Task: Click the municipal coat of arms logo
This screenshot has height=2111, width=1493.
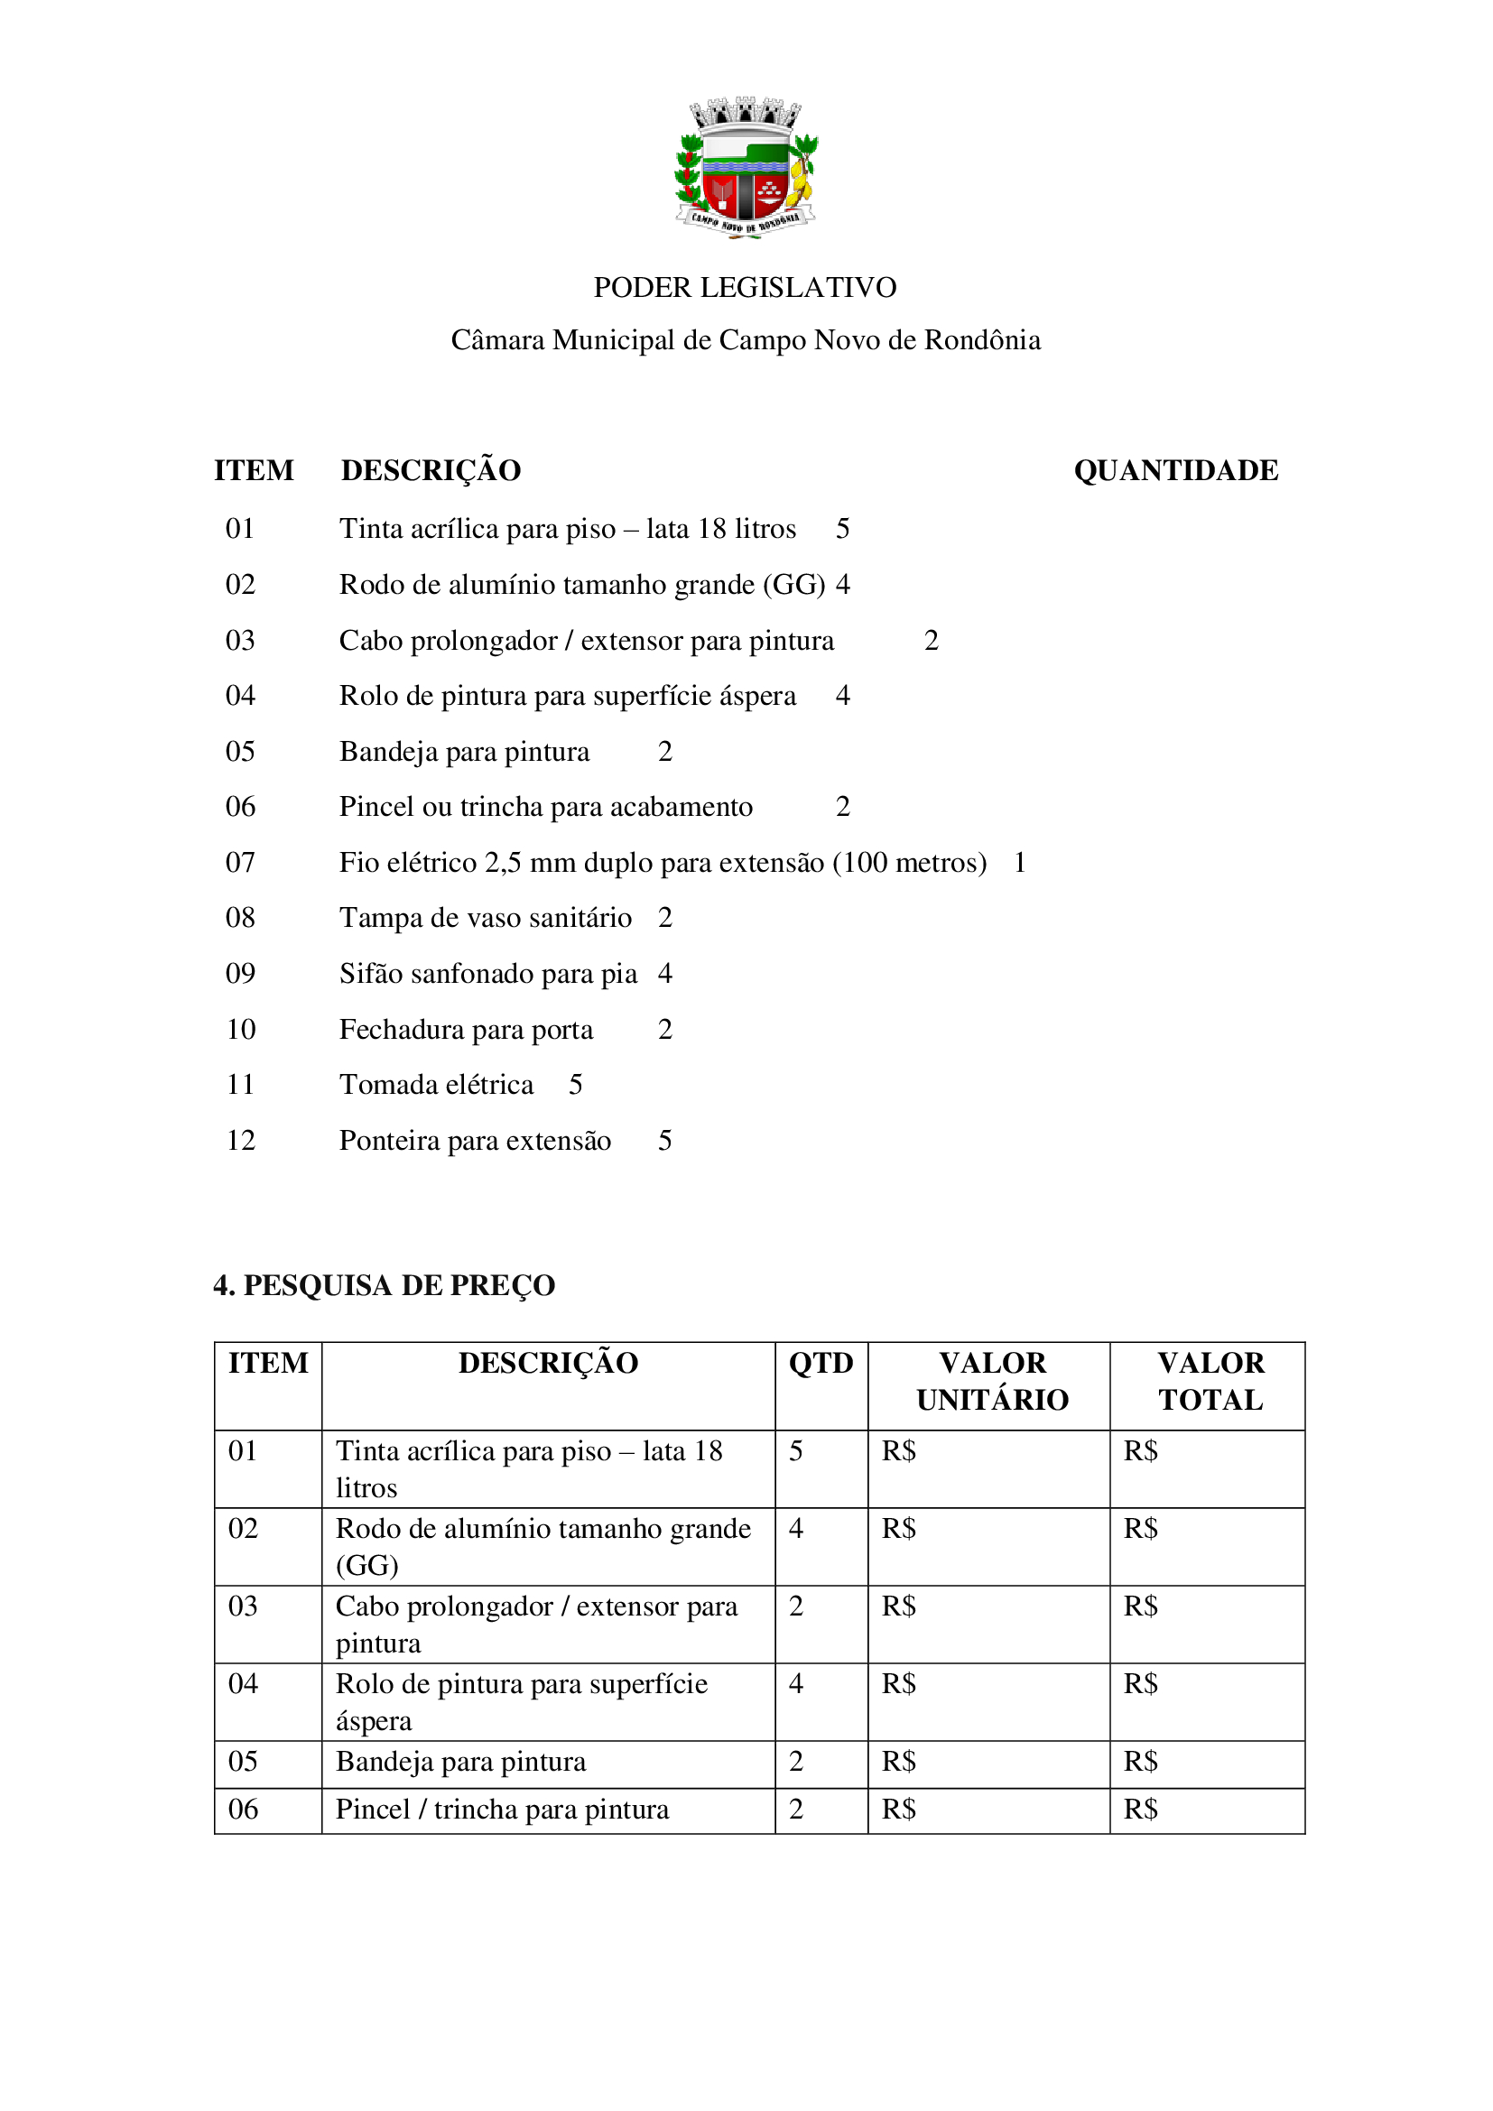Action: (746, 167)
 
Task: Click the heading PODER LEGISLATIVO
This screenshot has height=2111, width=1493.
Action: (745, 288)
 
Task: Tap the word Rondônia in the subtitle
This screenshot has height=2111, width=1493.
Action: (982, 340)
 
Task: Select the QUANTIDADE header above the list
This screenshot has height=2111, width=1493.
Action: (1176, 471)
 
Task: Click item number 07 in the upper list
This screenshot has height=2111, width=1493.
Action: (241, 863)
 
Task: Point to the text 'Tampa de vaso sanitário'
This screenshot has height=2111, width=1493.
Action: (486, 918)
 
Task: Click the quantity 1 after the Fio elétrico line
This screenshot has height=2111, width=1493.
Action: (1019, 863)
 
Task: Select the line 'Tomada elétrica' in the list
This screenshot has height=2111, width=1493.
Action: (437, 1085)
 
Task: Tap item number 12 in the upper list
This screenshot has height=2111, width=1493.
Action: (241, 1141)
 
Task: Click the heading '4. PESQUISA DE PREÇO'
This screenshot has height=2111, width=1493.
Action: (385, 1285)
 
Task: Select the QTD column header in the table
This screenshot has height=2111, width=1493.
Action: (821, 1364)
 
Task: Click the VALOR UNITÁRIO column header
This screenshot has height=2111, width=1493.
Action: (992, 1381)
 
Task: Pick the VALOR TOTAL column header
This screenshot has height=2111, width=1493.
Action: (1210, 1381)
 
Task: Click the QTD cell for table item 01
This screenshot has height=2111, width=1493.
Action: (796, 1452)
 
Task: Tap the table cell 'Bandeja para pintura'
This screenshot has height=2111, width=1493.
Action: (460, 1763)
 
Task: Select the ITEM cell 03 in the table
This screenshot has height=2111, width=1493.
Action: (244, 1607)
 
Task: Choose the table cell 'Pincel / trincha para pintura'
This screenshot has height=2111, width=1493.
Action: (502, 1810)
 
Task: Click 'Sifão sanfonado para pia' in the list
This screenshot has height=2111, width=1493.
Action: (488, 974)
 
